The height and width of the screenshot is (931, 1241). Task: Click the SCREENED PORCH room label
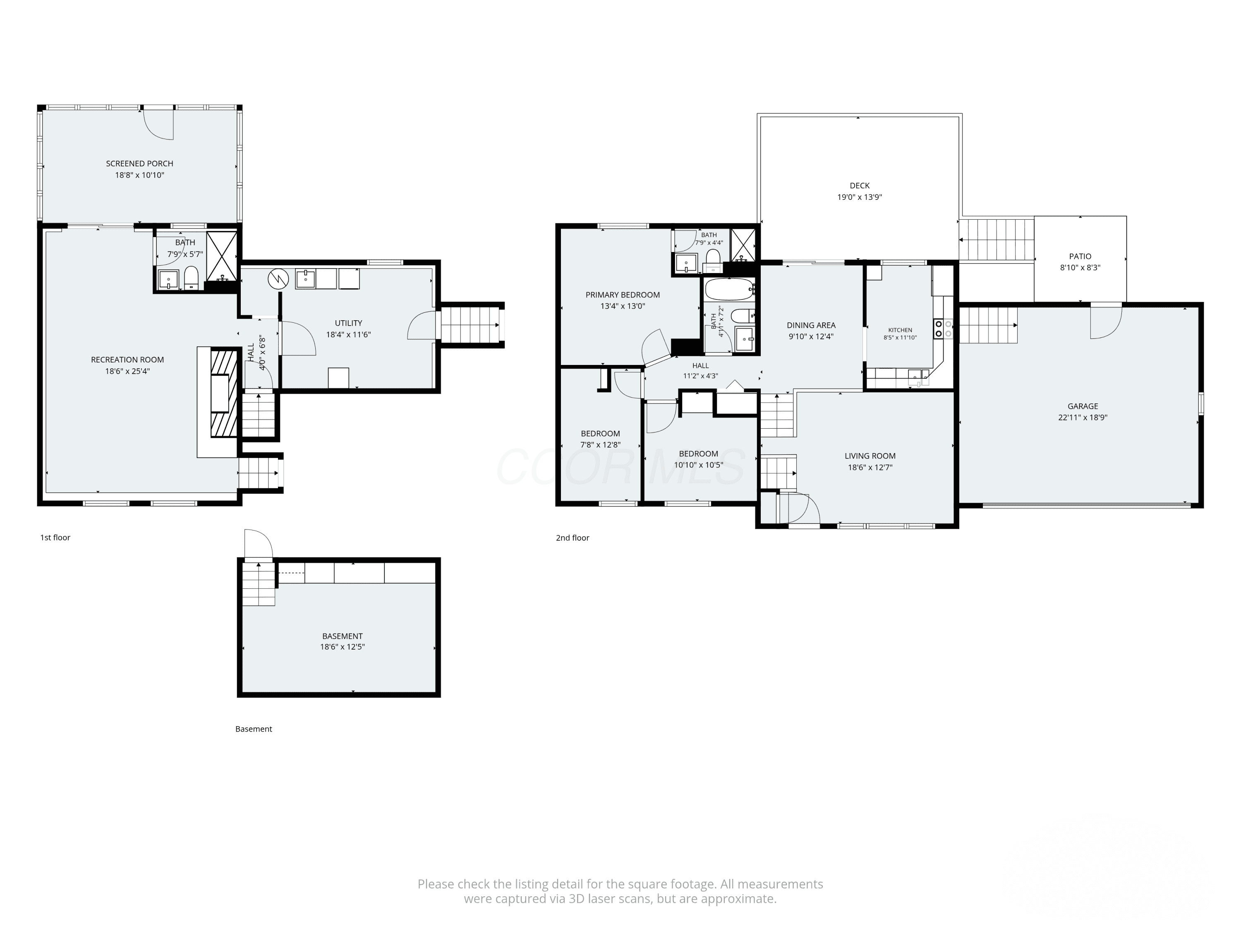140,163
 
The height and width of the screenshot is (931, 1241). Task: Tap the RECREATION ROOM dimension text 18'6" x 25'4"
127,371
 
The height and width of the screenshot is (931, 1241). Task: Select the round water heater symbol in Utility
278,278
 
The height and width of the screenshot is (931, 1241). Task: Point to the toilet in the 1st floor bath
191,277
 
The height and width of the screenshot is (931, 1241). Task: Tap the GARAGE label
1083,406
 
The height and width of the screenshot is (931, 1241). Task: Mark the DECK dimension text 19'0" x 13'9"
860,197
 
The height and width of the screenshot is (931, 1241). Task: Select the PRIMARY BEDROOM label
623,295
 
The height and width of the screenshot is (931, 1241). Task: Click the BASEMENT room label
342,636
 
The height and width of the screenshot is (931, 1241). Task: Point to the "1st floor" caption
55,537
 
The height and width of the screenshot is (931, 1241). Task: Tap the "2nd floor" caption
572,537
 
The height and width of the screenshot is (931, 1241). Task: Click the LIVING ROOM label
870,456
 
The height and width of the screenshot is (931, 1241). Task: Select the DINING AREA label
811,325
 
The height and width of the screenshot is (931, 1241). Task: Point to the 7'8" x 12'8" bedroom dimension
600,445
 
